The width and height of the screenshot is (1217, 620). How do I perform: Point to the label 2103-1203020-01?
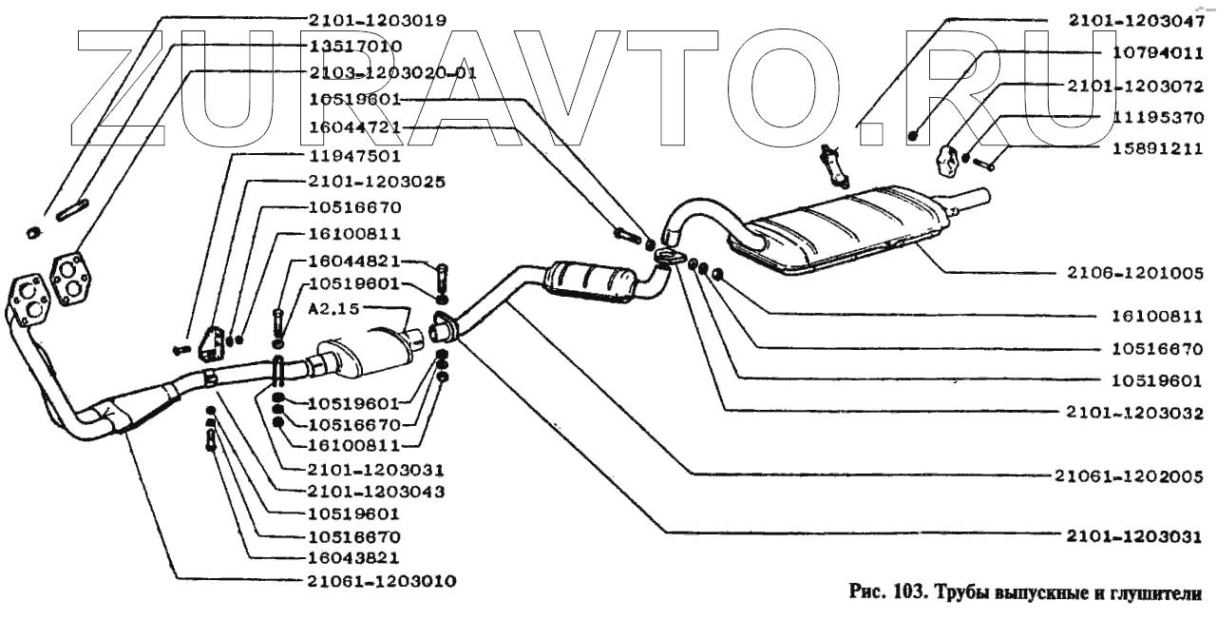(x=391, y=72)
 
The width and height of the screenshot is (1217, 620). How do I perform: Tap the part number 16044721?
(x=355, y=126)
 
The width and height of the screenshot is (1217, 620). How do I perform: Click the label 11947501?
(x=354, y=154)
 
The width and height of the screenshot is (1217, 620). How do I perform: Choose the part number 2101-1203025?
(x=378, y=181)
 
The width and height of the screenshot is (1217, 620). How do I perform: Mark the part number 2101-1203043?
(x=377, y=492)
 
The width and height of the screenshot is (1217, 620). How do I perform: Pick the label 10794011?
(x=1157, y=54)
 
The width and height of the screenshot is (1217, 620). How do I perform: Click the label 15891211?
(x=1157, y=148)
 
